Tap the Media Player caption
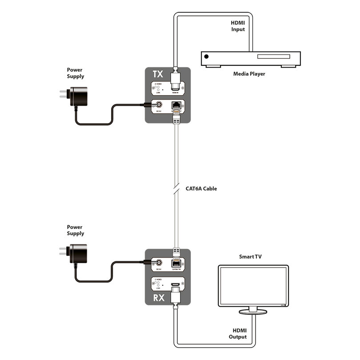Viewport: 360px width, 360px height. coord(249,74)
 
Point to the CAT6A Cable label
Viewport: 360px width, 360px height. coord(201,188)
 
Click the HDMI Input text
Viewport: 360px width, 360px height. coord(238,26)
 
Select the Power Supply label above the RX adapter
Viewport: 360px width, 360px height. coord(76,230)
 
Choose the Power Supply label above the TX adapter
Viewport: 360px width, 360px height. coord(76,73)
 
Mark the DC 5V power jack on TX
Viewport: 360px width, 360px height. coord(158,106)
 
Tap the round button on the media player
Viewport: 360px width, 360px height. coord(206,56)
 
